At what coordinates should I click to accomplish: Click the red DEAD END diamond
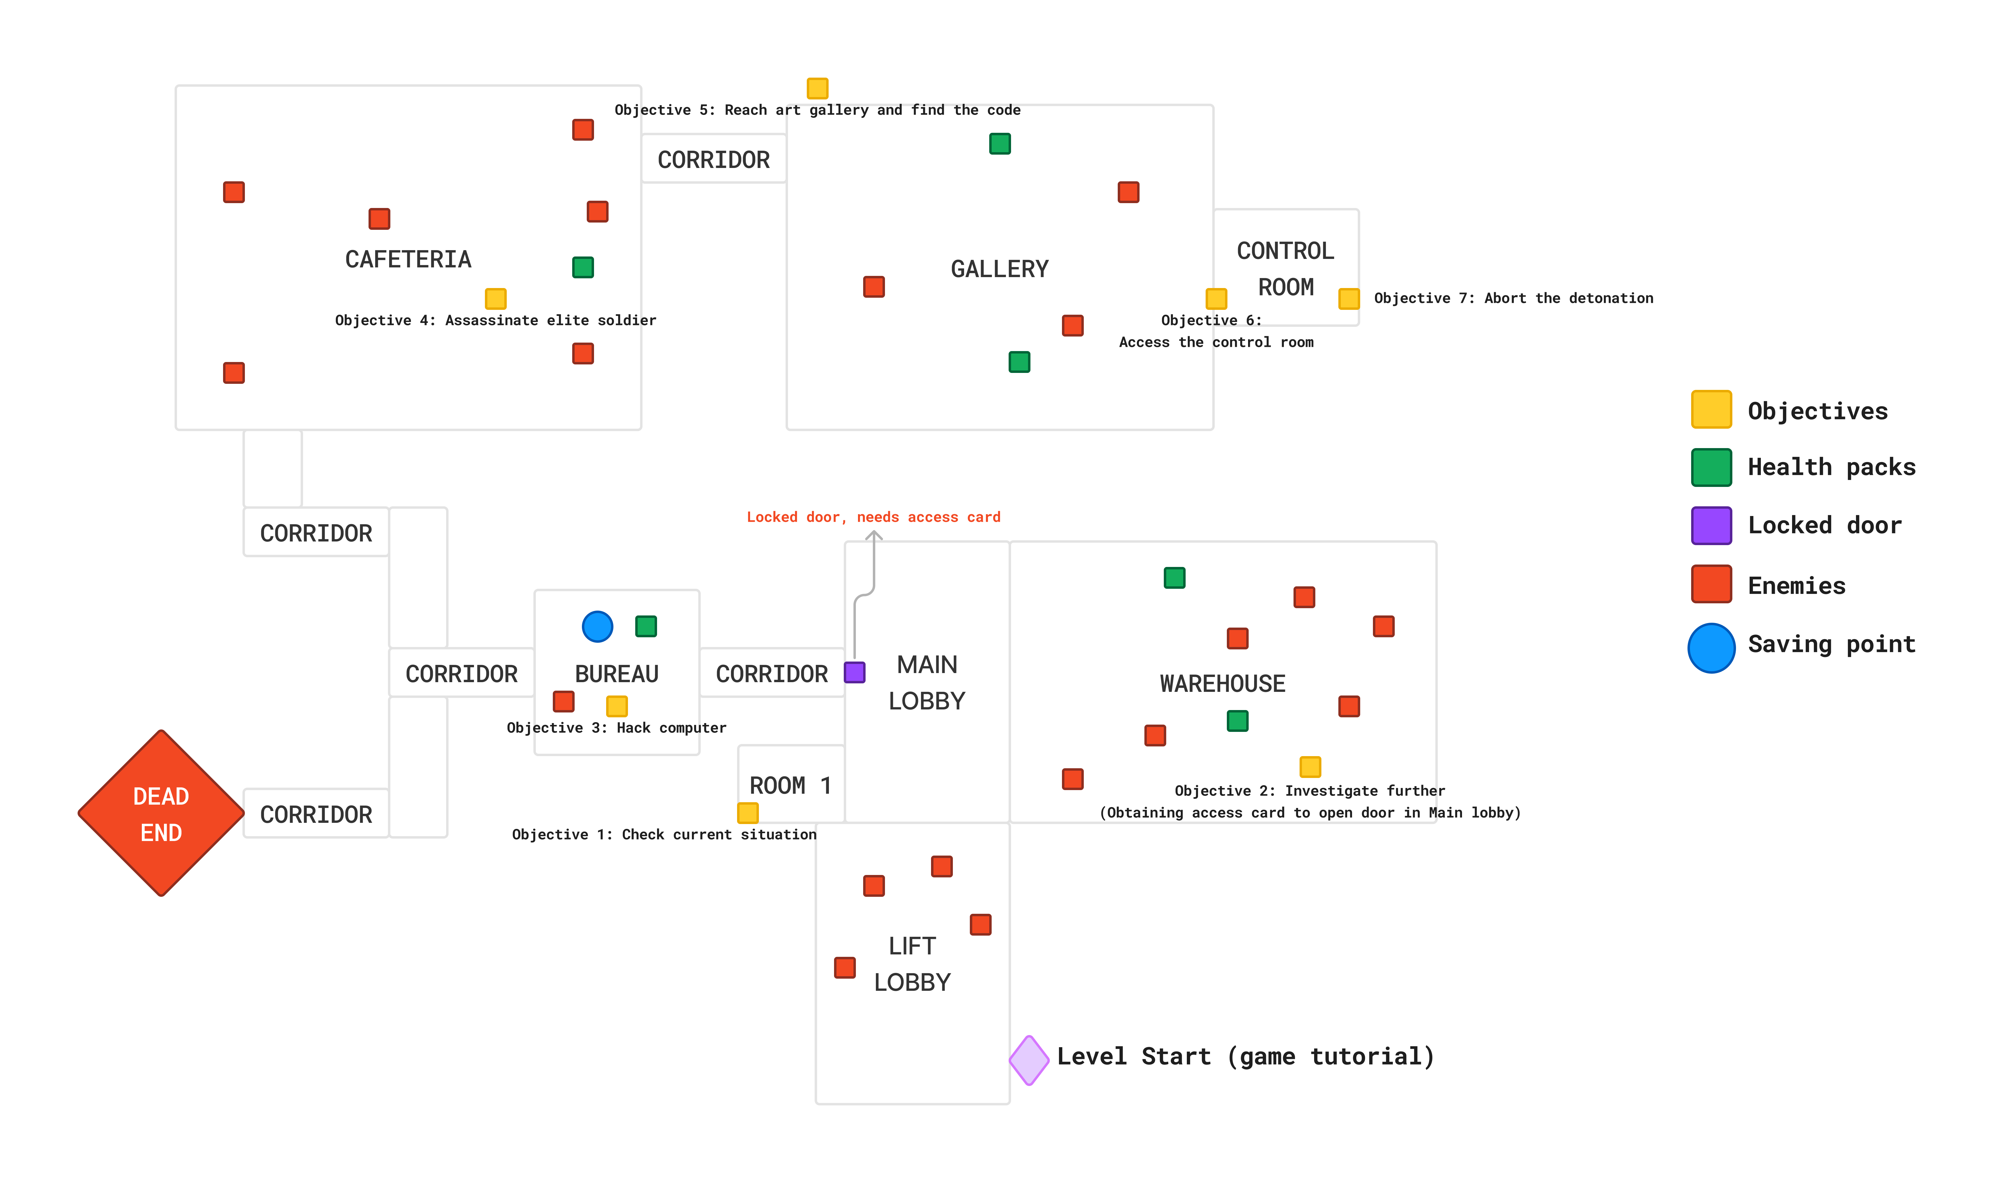coord(161,813)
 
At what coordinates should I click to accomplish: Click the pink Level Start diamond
coord(1029,1060)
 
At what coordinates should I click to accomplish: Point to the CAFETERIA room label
coord(408,259)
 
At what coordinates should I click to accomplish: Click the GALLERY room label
coord(999,269)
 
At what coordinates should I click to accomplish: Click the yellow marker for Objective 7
coord(1348,299)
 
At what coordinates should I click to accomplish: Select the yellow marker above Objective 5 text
coord(818,88)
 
